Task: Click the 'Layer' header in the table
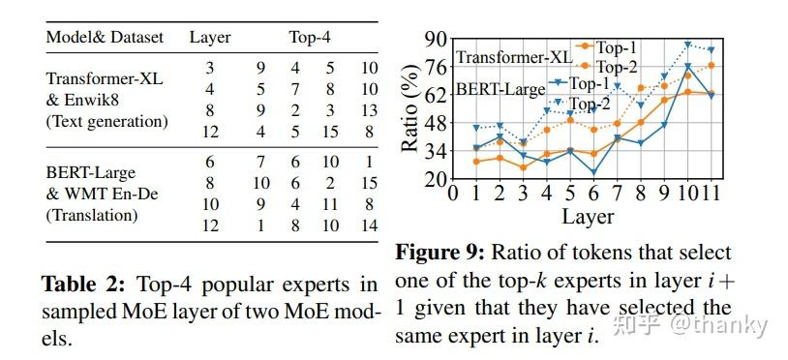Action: tap(210, 38)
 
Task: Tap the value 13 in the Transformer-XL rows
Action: tap(369, 110)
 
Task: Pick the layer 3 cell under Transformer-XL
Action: tap(209, 68)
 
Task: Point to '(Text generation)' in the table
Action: tap(106, 122)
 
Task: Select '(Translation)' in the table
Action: tap(93, 216)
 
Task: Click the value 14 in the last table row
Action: tap(369, 225)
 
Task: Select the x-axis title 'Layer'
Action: tap(588, 216)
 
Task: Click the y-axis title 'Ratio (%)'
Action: tap(411, 109)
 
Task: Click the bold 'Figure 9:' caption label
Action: tap(437, 253)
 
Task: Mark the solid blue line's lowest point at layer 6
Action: tap(592, 173)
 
